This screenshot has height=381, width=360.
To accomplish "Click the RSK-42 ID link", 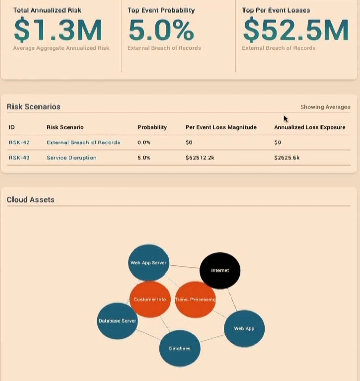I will click(x=19, y=142).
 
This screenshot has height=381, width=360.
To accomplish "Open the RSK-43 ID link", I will click(x=19, y=158).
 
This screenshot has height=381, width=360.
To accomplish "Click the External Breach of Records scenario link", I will click(x=83, y=142).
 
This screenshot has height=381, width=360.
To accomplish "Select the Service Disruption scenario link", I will click(x=71, y=158).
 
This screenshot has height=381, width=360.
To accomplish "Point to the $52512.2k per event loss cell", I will click(x=200, y=158).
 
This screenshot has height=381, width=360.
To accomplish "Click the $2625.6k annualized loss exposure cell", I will click(x=287, y=158).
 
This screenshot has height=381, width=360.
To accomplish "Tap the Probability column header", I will click(x=152, y=127).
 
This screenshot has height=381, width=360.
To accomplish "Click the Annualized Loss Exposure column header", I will click(x=309, y=127).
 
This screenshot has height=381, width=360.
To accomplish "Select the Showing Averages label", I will click(x=325, y=107).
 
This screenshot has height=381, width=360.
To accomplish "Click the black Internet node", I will click(x=220, y=270).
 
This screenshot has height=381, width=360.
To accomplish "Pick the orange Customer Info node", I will click(x=150, y=299).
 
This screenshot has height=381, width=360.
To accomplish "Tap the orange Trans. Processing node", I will click(x=195, y=300).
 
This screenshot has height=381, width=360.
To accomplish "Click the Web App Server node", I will click(x=149, y=262).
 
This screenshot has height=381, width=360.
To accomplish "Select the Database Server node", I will click(x=117, y=321).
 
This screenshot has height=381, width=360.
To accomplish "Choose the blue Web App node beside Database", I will click(x=244, y=328).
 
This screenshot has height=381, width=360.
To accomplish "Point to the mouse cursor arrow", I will click(x=286, y=119).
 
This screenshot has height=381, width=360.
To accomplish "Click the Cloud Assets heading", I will click(x=30, y=199).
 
